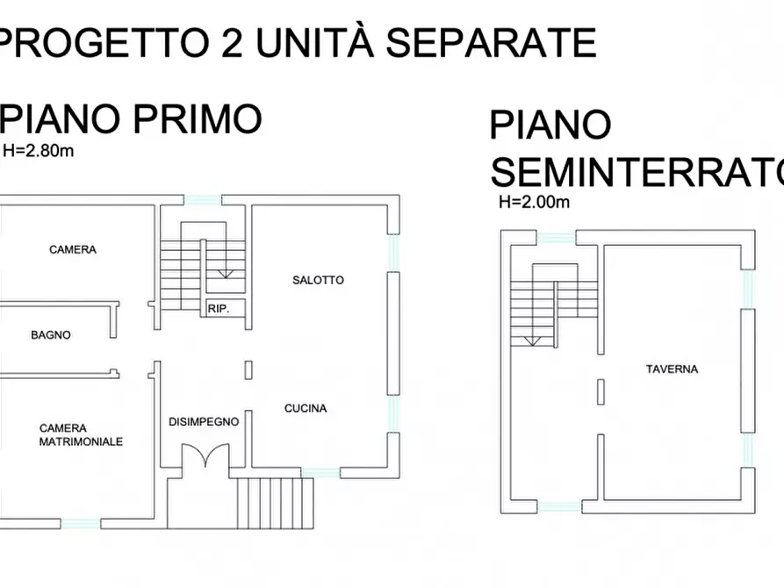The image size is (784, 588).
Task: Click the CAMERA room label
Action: tap(73, 250)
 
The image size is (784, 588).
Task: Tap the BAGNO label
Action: tap(51, 334)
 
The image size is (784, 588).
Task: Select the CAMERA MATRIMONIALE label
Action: tap(81, 435)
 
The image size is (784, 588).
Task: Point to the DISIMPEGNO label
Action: tap(204, 421)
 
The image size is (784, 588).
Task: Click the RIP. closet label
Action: tap(219, 308)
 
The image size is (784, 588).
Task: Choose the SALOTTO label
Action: tap(318, 281)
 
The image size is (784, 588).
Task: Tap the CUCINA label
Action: tap(306, 408)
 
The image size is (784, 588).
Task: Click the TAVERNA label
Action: tap(672, 369)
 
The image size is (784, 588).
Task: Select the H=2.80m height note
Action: tap(39, 150)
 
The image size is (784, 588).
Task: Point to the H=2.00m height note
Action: tap(535, 202)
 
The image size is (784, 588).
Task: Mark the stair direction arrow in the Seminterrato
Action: tap(530, 341)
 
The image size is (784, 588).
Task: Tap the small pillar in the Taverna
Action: tap(601, 391)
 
